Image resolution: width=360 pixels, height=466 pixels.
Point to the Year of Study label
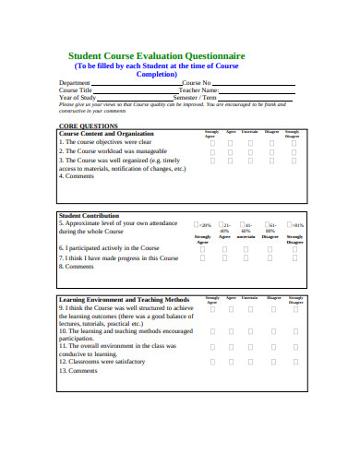pyautogui.click(x=78, y=98)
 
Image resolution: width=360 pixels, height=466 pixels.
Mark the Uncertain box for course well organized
pyautogui.click(x=250, y=161)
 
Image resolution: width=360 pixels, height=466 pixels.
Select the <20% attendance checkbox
pyautogui.click(x=198, y=224)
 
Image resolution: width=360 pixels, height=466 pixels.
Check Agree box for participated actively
pyautogui.click(x=224, y=248)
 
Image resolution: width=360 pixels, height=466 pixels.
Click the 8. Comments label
pyautogui.click(x=78, y=267)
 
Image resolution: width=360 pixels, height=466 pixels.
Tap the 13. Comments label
pyautogui.click(x=78, y=370)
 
